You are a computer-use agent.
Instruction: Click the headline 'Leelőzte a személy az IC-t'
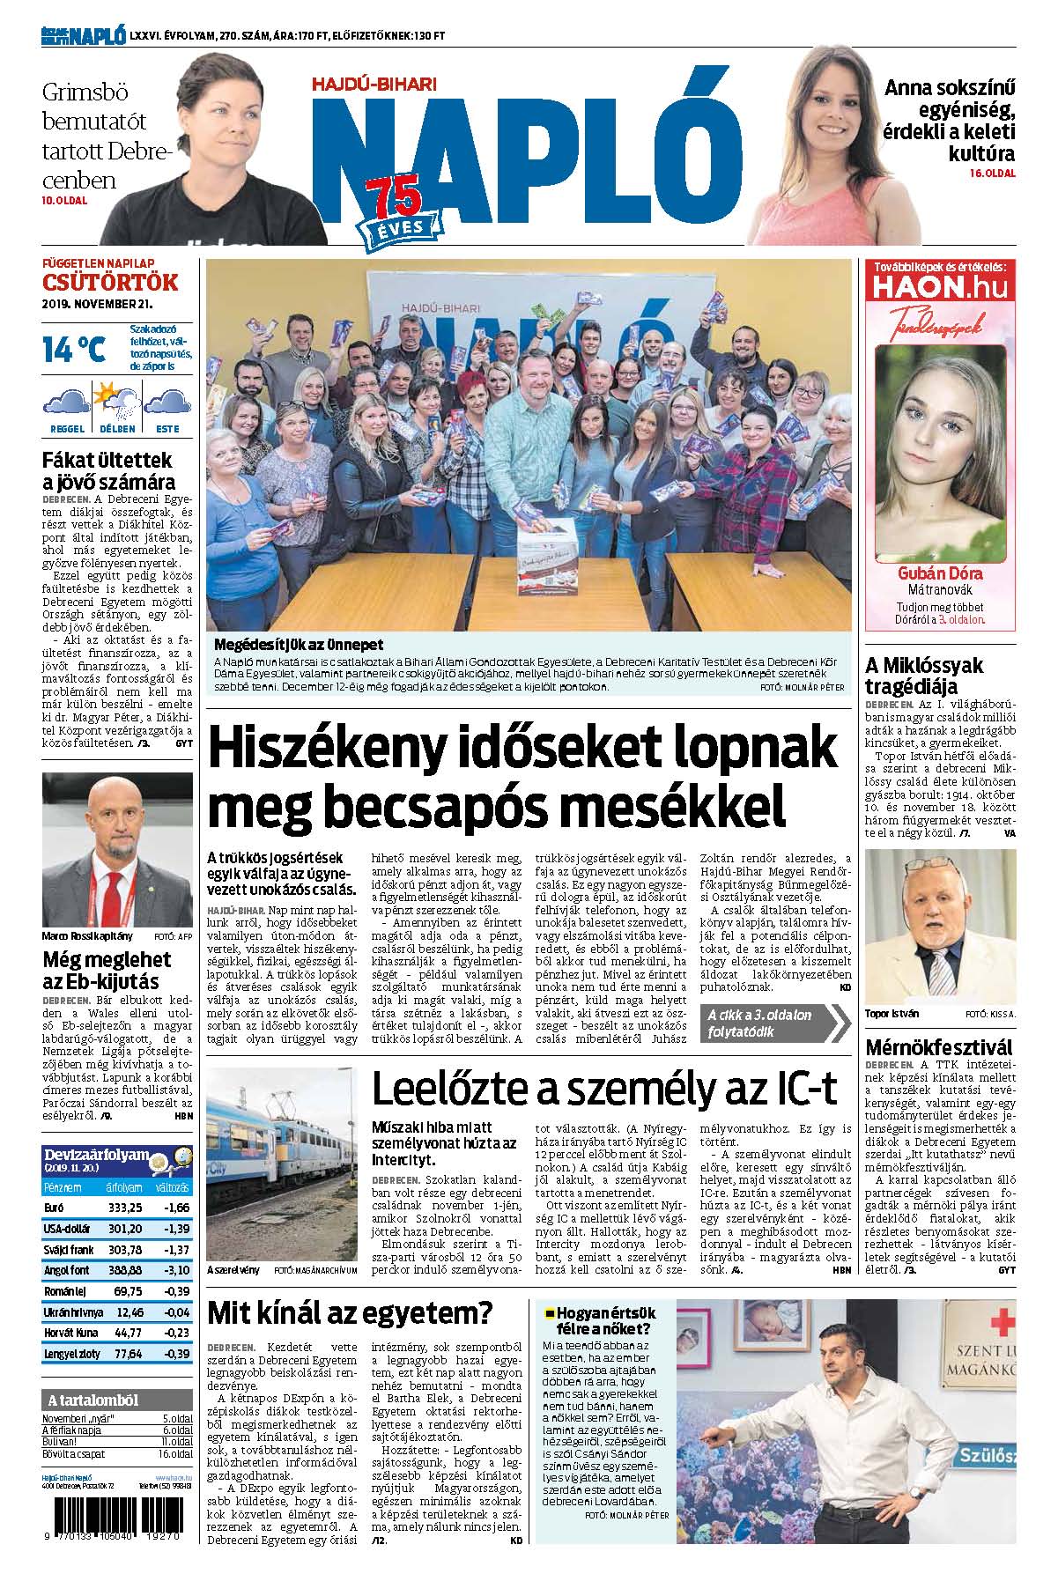pos(603,1089)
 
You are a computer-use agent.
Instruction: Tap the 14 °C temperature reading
pos(74,349)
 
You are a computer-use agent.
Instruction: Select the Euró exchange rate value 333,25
pos(124,1207)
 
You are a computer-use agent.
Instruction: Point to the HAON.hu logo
pos(940,287)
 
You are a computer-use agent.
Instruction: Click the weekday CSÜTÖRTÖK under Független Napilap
pos(110,283)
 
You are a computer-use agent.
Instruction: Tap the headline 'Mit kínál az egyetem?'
pos(349,1313)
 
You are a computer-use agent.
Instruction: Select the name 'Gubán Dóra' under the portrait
pos(941,573)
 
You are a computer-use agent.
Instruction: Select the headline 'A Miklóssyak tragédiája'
pos(923,676)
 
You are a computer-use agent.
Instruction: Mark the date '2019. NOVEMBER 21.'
pos(97,303)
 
